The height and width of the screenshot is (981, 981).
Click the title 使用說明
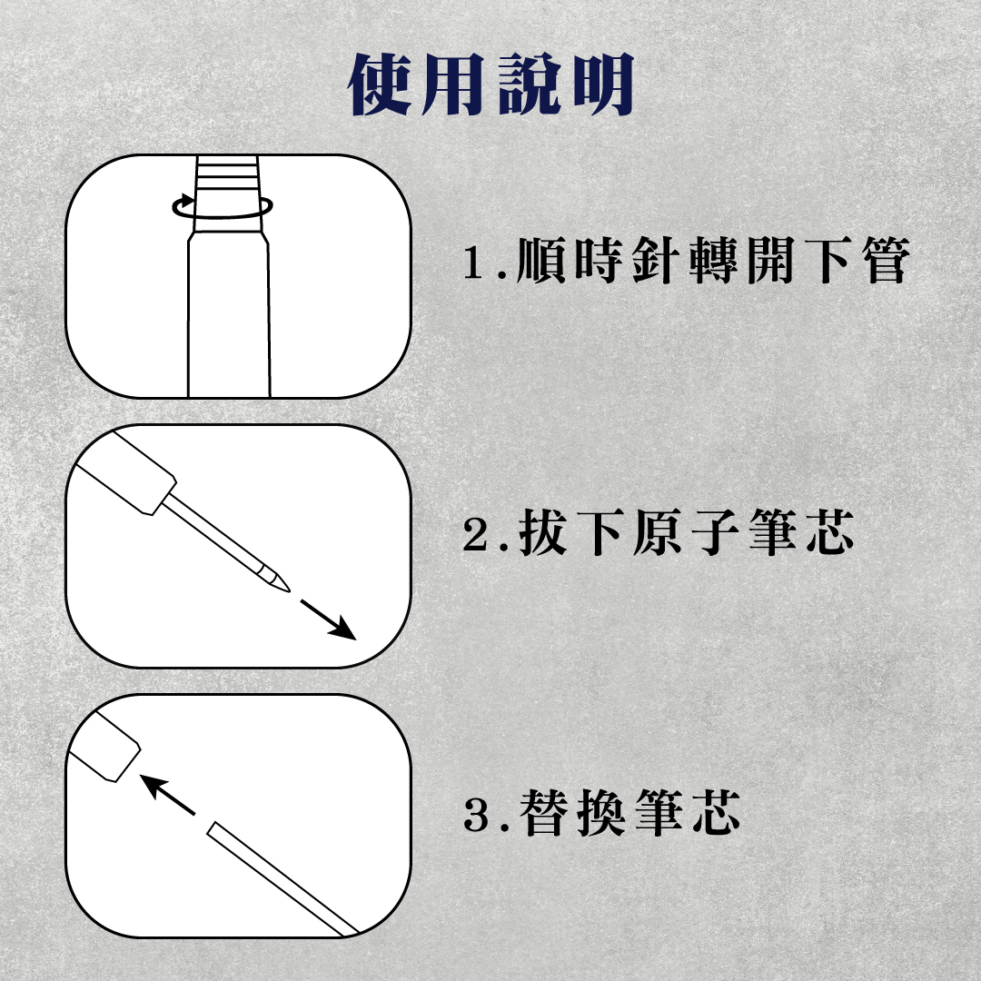[x=491, y=84]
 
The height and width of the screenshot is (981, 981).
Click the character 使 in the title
[x=380, y=84]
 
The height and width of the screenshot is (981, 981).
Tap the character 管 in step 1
[x=886, y=261]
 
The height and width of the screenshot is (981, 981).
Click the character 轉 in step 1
[x=713, y=261]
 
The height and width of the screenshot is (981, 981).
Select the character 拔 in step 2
[x=543, y=532]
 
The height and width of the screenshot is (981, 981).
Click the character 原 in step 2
[x=657, y=532]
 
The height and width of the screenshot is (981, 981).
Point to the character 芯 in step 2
[x=829, y=532]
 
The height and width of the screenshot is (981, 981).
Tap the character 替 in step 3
[x=543, y=813]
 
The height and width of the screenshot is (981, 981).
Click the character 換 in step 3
[x=600, y=813]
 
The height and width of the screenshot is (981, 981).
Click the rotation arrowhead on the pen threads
[x=184, y=202]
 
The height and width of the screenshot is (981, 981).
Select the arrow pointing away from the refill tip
[x=329, y=620]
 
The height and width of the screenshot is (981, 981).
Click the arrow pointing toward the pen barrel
[x=167, y=795]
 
